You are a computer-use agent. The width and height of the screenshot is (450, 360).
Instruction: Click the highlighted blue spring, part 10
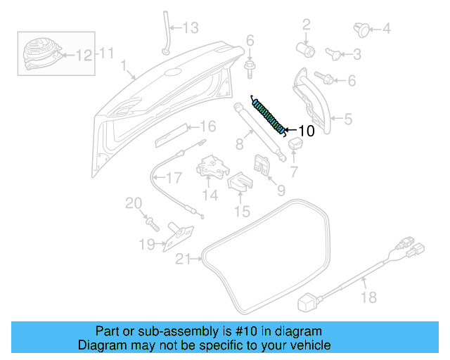point(269,114)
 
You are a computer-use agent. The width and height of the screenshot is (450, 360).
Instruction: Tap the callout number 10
point(307,131)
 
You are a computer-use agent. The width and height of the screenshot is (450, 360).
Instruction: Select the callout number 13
point(191,28)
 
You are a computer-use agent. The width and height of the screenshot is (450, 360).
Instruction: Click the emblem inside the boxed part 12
point(39,51)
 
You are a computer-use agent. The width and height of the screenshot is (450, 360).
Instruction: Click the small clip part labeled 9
point(261,166)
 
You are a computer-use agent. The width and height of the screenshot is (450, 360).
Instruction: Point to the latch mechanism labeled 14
point(212,167)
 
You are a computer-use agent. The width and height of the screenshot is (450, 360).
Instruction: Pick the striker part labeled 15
point(240,184)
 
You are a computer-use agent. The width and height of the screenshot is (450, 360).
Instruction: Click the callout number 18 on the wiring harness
point(368,298)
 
